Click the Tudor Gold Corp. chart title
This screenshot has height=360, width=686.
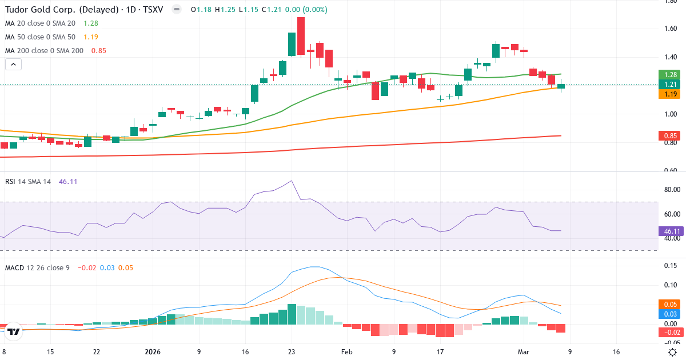[63, 10]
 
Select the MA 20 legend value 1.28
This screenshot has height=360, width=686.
[91, 23]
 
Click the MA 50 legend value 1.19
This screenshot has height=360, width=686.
[91, 37]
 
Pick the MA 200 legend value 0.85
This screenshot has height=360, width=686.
[98, 50]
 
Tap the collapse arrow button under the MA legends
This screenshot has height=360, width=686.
[13, 65]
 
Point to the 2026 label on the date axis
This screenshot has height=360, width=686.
[153, 352]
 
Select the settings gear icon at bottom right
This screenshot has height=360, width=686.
[673, 352]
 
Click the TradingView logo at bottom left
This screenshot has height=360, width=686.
[14, 331]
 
